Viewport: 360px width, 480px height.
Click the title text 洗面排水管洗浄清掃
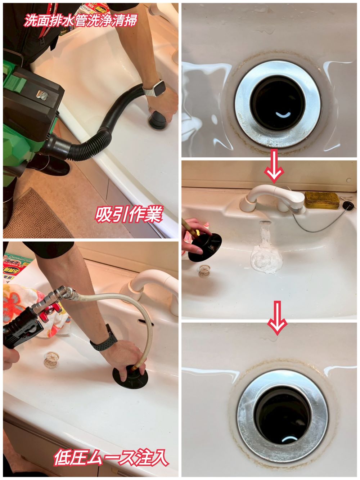click(x=80, y=20)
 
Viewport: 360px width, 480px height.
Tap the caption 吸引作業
click(x=129, y=214)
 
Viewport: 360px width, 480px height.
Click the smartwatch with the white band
click(x=154, y=89)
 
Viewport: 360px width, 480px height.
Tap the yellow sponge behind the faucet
click(x=322, y=200)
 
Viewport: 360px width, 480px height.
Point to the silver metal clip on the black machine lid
click(x=42, y=95)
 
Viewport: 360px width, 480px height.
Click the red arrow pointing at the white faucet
click(x=274, y=166)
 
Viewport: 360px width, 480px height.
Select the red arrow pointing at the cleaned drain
click(x=277, y=318)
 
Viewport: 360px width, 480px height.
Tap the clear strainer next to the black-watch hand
click(x=51, y=360)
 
